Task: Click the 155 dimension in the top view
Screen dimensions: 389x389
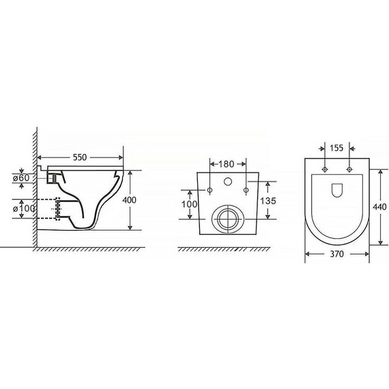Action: coord(336,147)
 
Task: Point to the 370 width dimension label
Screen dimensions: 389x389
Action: coord(336,253)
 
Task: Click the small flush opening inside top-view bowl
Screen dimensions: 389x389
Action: coord(337,190)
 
